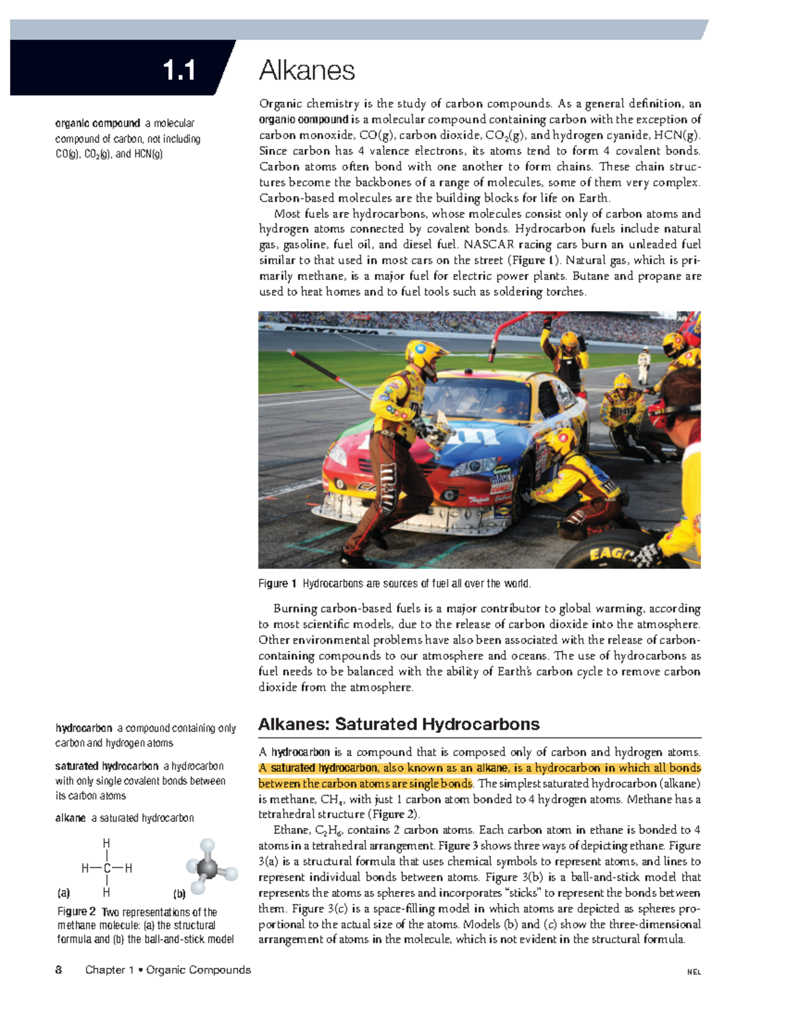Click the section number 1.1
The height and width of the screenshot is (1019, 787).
178,70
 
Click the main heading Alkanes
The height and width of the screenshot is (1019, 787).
307,70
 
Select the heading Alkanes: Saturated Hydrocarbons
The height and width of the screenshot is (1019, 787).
399,724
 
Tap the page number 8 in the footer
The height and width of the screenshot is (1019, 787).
59,970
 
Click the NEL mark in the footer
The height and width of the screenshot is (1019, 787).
694,972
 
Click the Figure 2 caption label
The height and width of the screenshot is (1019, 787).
77,911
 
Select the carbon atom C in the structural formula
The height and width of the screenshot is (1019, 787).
106,869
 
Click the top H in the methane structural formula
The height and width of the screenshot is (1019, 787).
106,843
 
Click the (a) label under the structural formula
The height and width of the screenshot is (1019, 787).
64,893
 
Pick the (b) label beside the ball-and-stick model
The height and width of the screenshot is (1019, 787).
179,894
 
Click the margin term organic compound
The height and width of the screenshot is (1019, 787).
98,123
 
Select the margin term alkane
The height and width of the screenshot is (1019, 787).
71,818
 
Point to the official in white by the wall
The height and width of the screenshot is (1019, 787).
644,365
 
